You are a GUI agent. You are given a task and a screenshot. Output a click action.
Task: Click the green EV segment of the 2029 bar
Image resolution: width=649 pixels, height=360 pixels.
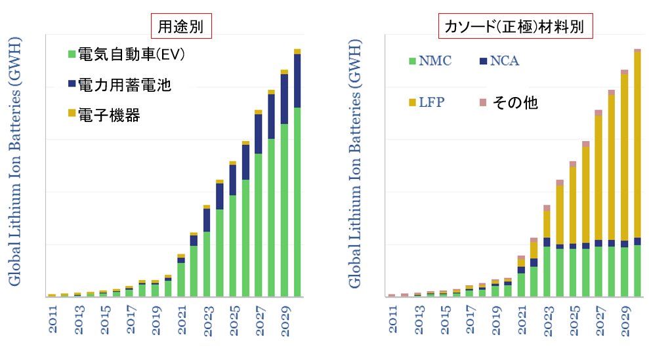pyautogui.click(x=284, y=210)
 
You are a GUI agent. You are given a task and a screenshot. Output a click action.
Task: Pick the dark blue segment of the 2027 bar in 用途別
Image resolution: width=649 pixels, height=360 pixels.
pyautogui.click(x=259, y=134)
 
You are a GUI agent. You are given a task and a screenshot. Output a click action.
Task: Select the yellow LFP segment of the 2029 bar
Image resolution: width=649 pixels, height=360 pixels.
pyautogui.click(x=624, y=157)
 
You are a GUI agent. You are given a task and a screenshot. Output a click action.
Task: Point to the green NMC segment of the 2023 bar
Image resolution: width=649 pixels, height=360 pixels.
pyautogui.click(x=547, y=271)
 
